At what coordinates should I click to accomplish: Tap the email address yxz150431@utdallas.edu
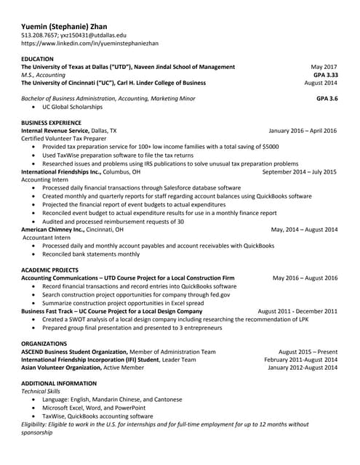point(95,35)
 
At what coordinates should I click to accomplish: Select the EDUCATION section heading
point(37,58)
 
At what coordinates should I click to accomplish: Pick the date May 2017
point(324,67)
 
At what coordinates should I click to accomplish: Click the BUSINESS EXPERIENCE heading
point(51,123)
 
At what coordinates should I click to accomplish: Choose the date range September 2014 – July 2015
point(299,172)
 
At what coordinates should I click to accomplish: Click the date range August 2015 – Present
point(308,352)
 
